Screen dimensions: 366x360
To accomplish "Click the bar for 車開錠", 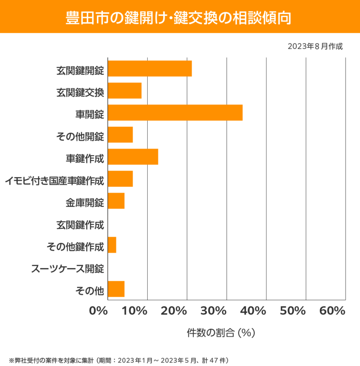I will tap(175, 112).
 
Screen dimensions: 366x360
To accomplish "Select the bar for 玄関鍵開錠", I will tap(150, 68).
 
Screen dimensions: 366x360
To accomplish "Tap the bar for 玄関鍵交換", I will tap(125, 91).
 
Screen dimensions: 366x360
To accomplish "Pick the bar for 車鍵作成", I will tap(133, 157).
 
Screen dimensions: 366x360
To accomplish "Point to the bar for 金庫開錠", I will tap(116, 201).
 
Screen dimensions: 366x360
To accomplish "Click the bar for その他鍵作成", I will tap(112, 245).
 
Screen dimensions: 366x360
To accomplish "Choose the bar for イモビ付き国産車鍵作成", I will tap(120, 179).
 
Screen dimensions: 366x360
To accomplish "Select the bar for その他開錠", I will tap(120, 135).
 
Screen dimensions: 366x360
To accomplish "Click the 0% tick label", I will tap(99, 311).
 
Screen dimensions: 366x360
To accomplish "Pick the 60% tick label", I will tap(332, 311).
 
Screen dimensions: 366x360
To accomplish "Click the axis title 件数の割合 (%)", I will tap(221, 333).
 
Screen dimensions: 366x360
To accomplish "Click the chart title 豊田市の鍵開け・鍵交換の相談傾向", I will tap(180, 18).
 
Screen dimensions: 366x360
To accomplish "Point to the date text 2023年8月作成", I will tap(315, 46).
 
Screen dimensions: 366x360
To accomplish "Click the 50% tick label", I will tap(293, 311).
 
